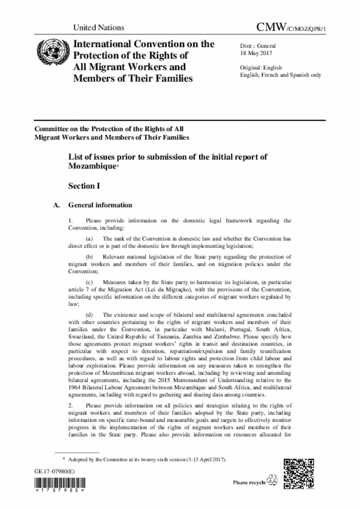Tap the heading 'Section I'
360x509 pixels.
pyautogui.click(x=84, y=185)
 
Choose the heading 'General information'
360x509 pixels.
pyautogui.click(x=100, y=205)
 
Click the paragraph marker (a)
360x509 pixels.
pyautogui.click(x=89, y=239)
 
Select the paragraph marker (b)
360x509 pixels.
pyautogui.click(x=89, y=256)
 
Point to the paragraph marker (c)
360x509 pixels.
pyautogui.click(x=89, y=281)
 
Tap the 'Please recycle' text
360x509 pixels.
pyautogui.click(x=249, y=483)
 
